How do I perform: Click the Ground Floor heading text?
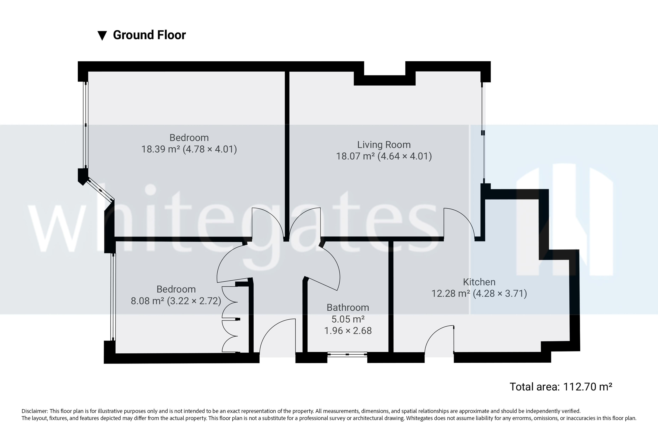(x=149, y=35)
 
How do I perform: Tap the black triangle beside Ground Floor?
(x=102, y=36)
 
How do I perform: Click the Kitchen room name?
(x=479, y=282)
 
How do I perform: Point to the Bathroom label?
(x=348, y=307)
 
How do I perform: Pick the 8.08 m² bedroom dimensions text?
(x=176, y=301)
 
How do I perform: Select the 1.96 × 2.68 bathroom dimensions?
(x=348, y=331)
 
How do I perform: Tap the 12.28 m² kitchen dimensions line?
(x=479, y=293)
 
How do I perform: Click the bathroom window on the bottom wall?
(x=347, y=354)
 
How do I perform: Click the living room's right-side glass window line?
(x=483, y=133)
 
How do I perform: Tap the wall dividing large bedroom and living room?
(x=287, y=154)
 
